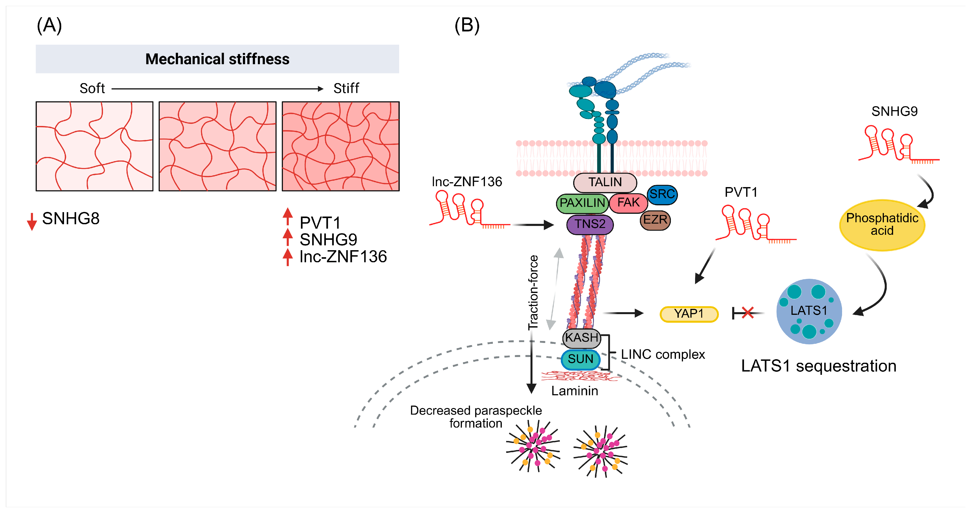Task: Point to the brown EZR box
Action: tap(655, 220)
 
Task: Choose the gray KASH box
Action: tap(582, 338)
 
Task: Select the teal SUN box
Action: tap(580, 359)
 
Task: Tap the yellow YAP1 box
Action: tap(689, 314)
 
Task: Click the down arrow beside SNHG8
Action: tap(32, 221)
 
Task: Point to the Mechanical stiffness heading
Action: tap(217, 59)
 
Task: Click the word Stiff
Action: tap(346, 88)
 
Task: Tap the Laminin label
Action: tap(575, 391)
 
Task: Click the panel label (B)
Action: tap(467, 26)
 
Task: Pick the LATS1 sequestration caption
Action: tap(819, 366)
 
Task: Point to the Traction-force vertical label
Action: tap(533, 293)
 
